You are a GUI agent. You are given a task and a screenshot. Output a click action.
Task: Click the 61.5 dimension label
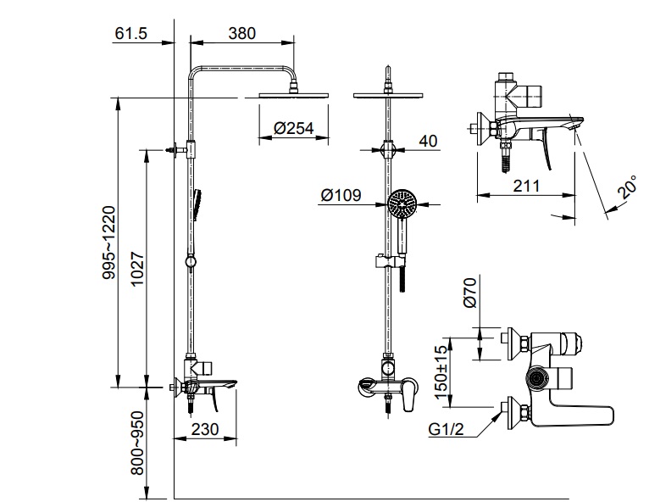[130, 33]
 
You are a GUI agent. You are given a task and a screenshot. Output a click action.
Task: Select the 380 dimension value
[242, 33]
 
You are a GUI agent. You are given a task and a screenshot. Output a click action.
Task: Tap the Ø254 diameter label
[294, 128]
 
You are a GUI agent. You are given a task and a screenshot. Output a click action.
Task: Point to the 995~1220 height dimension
[109, 243]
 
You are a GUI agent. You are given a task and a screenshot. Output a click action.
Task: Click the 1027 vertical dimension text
[137, 268]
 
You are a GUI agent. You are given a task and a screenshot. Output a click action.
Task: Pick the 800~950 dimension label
[137, 443]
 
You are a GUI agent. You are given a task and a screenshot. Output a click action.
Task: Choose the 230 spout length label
[205, 429]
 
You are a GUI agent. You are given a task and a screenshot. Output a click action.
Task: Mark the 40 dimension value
[428, 141]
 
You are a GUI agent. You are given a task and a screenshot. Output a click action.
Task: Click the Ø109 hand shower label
[341, 195]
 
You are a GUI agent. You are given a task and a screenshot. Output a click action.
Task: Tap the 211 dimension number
[526, 186]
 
